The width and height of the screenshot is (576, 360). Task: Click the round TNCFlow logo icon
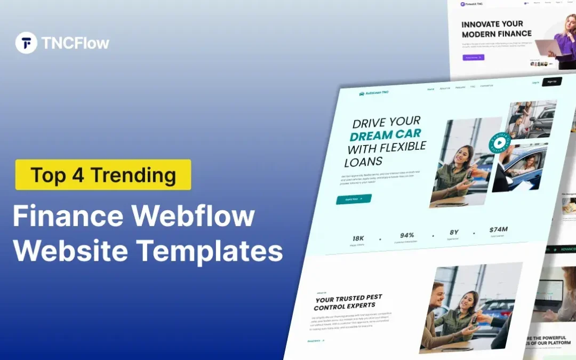click(26, 43)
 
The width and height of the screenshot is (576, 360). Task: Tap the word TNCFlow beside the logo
click(75, 43)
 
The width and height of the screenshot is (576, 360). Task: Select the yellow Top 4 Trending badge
click(103, 174)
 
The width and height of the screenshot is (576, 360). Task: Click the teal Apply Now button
click(354, 199)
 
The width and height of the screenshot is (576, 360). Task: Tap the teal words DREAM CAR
click(385, 134)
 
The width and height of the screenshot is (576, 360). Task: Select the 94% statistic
click(407, 235)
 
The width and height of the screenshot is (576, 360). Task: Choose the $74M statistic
click(498, 230)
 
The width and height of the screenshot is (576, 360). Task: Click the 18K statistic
click(358, 238)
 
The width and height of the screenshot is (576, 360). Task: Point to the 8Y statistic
click(454, 233)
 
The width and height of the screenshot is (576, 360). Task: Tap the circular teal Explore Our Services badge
click(500, 143)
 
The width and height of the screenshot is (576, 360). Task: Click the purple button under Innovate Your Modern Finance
click(474, 57)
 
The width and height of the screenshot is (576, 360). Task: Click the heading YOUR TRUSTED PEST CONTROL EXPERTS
click(348, 302)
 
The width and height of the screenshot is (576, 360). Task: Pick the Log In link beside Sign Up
click(535, 83)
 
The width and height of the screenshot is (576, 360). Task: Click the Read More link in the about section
click(316, 340)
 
